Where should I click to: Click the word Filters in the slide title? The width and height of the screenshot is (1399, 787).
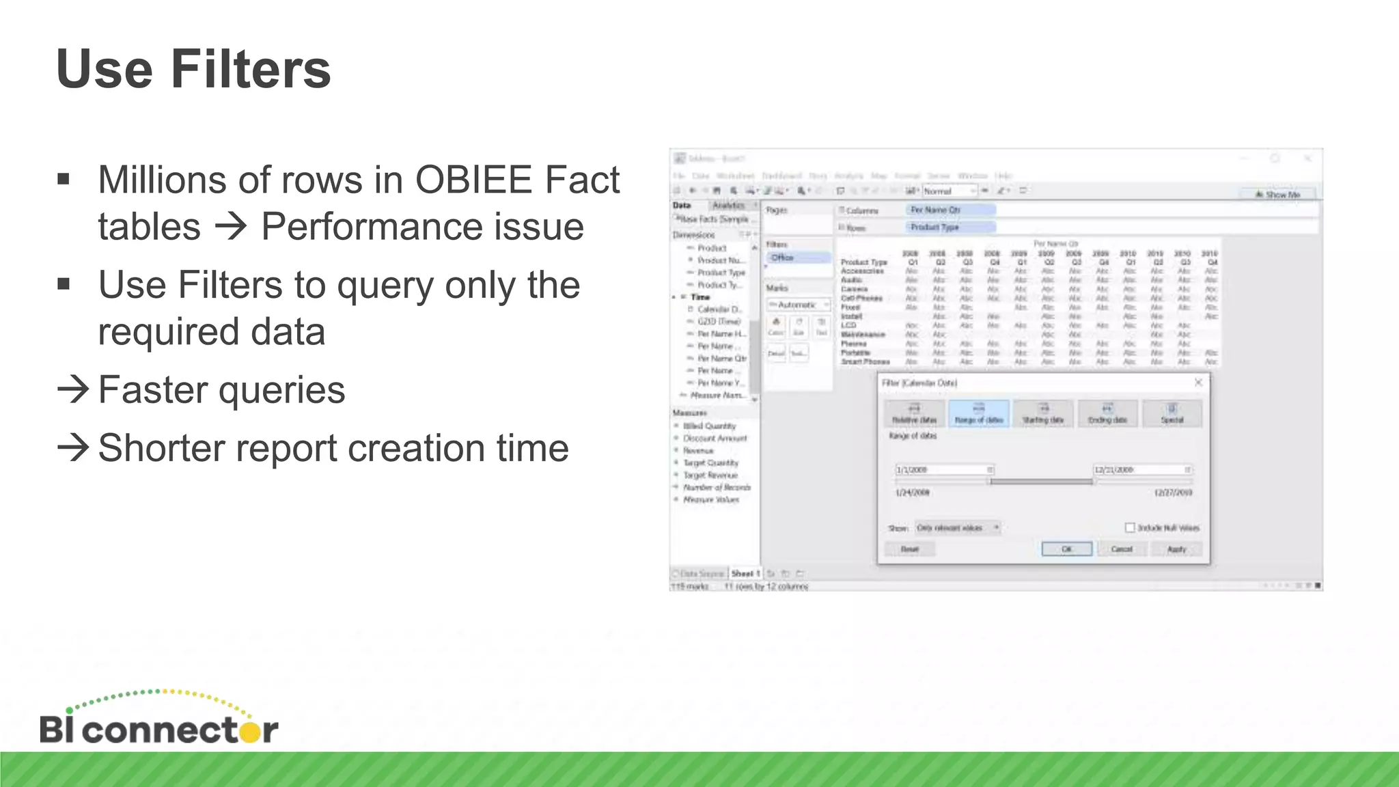pos(250,70)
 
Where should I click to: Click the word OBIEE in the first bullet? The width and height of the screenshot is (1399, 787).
pos(473,180)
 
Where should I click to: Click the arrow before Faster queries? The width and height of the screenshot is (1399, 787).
pos(73,389)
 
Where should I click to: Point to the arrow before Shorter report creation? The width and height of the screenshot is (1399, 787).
pos(73,448)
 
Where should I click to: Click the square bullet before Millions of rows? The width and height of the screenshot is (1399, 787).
pos(64,180)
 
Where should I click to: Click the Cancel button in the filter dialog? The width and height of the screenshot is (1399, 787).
pos(1121,549)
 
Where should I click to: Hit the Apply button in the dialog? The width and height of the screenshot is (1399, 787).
pos(1176,549)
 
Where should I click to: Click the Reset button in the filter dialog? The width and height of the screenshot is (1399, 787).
pos(909,549)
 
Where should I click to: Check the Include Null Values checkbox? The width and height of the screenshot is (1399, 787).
pos(1130,527)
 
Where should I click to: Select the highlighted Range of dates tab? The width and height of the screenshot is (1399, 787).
pos(978,414)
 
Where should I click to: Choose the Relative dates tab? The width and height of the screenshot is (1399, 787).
pos(914,414)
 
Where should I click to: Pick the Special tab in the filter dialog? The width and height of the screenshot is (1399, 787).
pos(1172,414)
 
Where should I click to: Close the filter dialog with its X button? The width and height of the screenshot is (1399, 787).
pos(1198,383)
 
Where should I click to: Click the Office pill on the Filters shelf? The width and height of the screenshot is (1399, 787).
pos(797,258)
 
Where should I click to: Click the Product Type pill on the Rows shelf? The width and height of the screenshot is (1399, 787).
pos(950,227)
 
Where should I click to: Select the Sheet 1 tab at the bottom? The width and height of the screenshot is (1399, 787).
pos(745,574)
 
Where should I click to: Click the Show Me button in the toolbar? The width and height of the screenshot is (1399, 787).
pos(1277,195)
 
